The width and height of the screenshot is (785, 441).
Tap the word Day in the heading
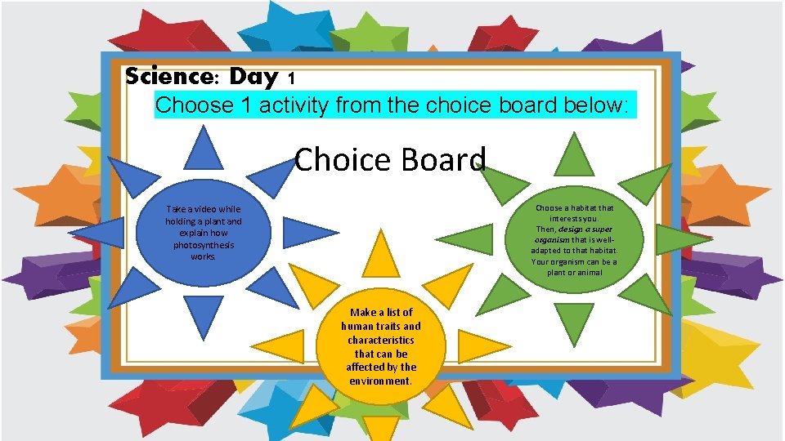tap(253, 78)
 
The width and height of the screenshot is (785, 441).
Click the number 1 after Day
tap(291, 79)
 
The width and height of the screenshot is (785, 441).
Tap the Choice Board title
tap(390, 159)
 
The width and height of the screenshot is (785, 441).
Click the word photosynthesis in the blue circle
tap(204, 245)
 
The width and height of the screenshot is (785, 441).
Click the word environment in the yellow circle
tap(381, 381)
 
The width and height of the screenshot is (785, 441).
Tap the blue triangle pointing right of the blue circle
tap(307, 233)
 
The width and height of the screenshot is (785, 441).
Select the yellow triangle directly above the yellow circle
tap(380, 254)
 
